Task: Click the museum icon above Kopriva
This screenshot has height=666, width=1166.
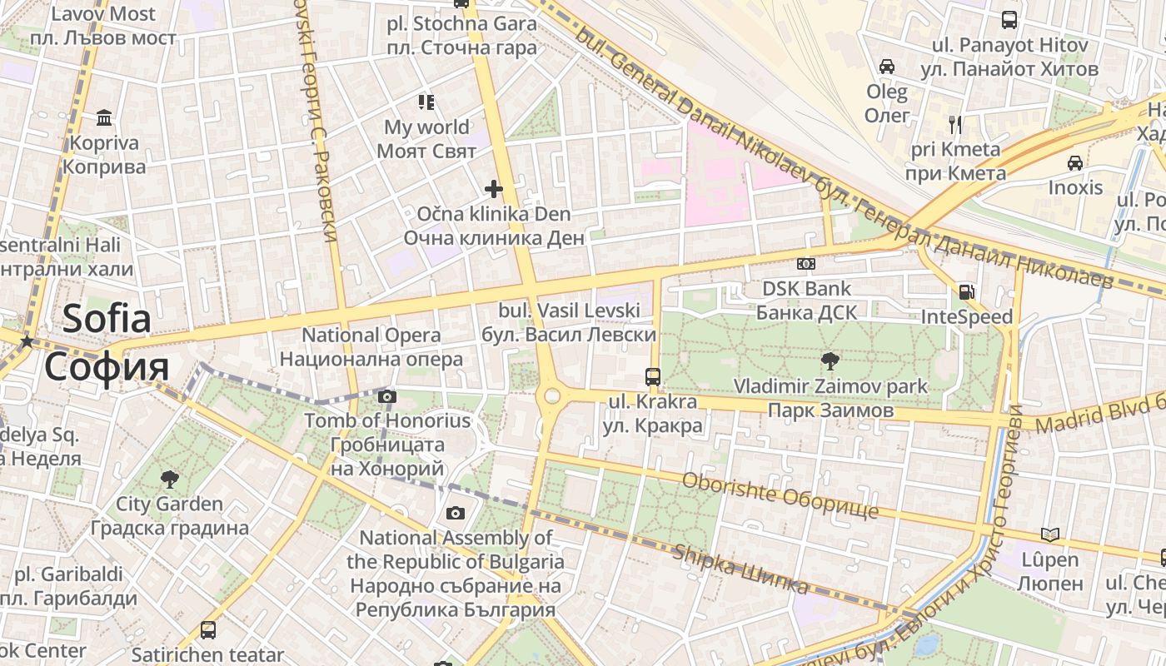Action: (x=104, y=117)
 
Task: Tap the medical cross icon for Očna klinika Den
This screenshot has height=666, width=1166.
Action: (x=494, y=189)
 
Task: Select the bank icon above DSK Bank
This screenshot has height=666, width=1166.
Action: (x=805, y=264)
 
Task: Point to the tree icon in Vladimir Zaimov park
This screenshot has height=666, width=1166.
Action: (x=830, y=361)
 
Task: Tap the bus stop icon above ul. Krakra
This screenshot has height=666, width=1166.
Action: (x=653, y=376)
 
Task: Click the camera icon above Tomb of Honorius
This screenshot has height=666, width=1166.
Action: (x=387, y=396)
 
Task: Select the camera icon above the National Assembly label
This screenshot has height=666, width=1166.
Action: (x=455, y=513)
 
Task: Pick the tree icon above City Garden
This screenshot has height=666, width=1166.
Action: (x=169, y=479)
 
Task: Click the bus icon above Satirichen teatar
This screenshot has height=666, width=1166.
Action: (x=208, y=630)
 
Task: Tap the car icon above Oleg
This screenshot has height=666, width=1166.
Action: (x=887, y=66)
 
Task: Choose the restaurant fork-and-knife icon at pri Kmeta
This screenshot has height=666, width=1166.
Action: (x=955, y=125)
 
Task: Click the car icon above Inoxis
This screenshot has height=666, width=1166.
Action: (x=1075, y=162)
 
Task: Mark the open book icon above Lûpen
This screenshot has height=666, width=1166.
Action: (x=1051, y=534)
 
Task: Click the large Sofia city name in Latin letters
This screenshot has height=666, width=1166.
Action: (x=107, y=319)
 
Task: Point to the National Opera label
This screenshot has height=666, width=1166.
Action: (x=371, y=335)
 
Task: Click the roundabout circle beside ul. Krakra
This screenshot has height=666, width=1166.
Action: (x=551, y=395)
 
